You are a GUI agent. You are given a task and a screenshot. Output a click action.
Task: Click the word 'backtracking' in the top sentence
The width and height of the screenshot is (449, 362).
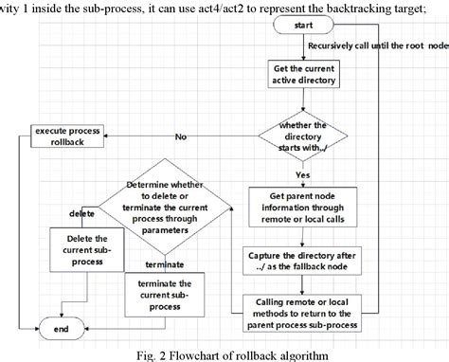pyautogui.click(x=352, y=8)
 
